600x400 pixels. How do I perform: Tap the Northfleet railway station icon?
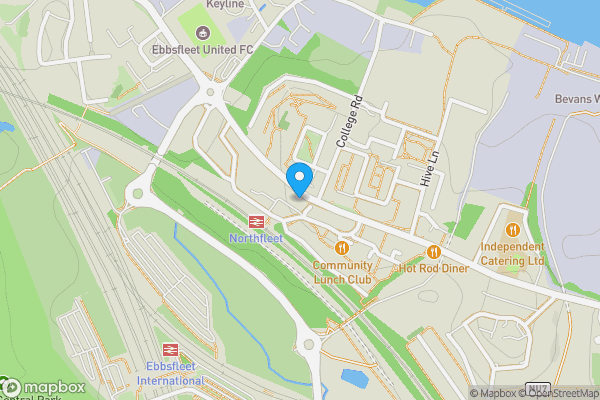pos(256,222)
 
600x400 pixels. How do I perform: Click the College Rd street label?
pos(349,122)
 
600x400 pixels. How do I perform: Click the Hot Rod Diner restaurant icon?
pos(433,252)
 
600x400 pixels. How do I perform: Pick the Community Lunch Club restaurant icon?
pos(342,247)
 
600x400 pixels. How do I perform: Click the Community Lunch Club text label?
pos(342,272)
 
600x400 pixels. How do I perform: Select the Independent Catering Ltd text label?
pos(512,254)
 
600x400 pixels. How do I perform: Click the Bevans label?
pos(576,99)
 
